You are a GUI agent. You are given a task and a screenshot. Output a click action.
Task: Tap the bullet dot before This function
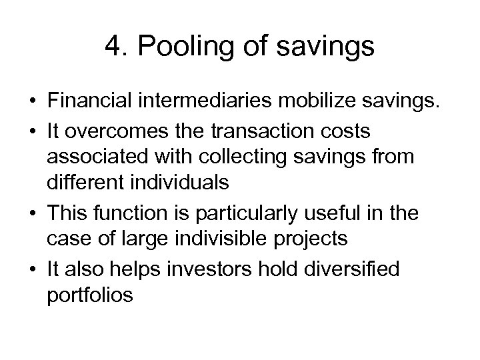click(x=32, y=213)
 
